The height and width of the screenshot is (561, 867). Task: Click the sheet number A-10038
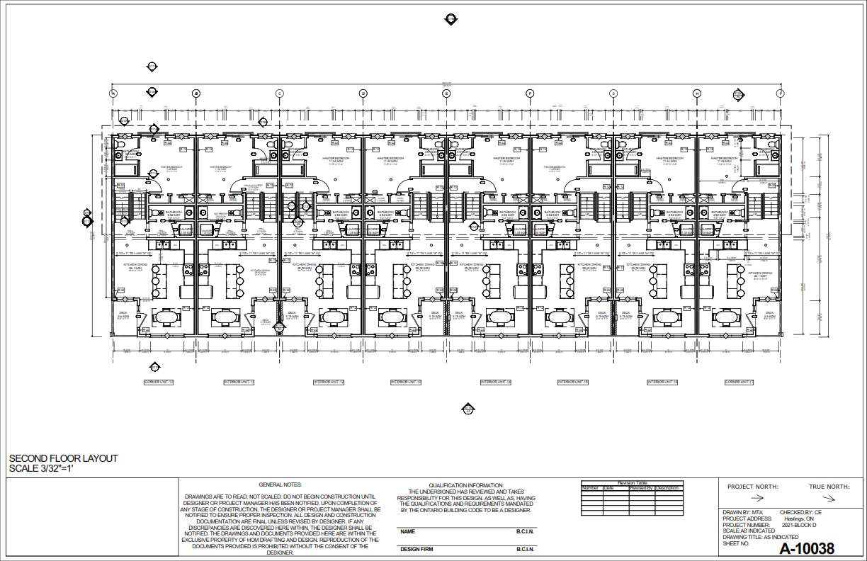click(x=807, y=548)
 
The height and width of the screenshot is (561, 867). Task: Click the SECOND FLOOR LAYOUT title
click(x=63, y=459)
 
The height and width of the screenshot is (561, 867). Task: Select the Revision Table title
click(x=632, y=482)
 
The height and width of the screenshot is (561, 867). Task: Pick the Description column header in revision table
click(x=667, y=488)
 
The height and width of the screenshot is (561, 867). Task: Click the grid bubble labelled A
click(x=113, y=93)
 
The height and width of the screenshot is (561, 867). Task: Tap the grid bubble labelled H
click(x=697, y=93)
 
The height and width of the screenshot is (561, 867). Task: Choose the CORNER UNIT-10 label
click(x=159, y=382)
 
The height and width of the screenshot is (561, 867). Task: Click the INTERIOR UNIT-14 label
click(x=495, y=382)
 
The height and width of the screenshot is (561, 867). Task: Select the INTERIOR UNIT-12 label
click(x=329, y=382)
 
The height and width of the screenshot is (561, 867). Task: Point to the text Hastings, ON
click(x=800, y=518)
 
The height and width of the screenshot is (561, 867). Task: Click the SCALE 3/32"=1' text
click(x=41, y=469)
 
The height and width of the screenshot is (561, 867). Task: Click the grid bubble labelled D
click(x=363, y=93)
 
